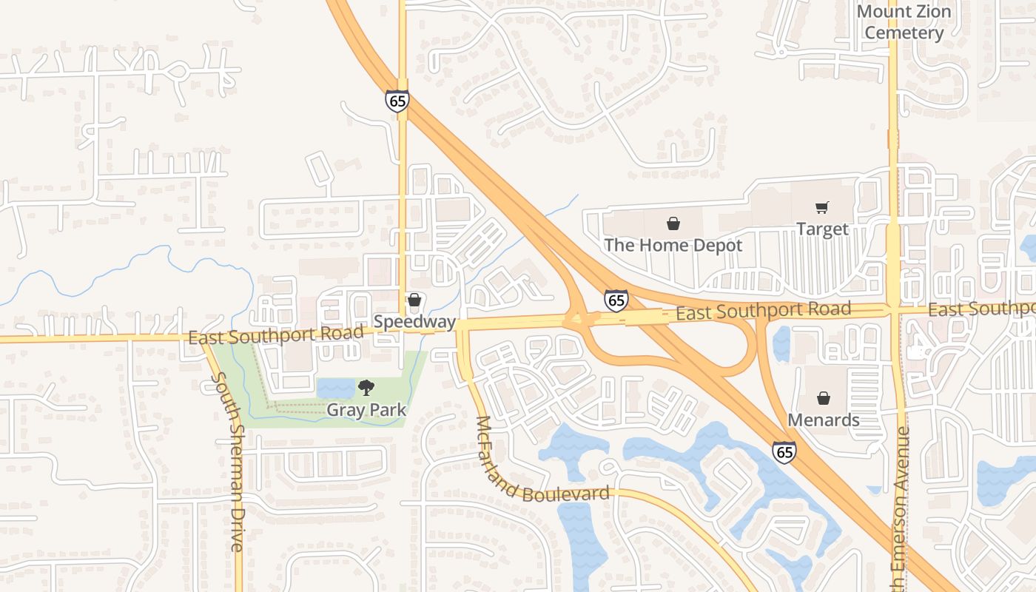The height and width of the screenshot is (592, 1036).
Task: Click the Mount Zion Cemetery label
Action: [x=904, y=22]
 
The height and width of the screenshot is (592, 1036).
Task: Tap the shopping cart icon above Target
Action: [x=821, y=208]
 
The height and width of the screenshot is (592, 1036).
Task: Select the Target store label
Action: [x=821, y=229]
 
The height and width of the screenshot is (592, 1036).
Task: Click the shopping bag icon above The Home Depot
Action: [x=673, y=223]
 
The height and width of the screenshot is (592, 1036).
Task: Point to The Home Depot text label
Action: [x=673, y=245]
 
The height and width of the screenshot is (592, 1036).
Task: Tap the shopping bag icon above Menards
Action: [x=823, y=399]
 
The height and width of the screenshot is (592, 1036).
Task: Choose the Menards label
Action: [x=823, y=420]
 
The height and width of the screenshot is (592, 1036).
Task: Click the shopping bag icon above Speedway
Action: [x=414, y=300]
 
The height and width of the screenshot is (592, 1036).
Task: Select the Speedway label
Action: [x=414, y=322]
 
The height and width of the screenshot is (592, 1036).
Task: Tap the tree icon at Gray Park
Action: [x=366, y=388]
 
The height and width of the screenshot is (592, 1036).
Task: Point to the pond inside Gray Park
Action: [x=335, y=388]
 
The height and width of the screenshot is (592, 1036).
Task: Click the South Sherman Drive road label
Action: [x=228, y=462]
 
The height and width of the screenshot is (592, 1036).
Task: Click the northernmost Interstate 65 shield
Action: [x=397, y=101]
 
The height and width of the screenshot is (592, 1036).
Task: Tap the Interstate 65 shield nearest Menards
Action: [x=784, y=452]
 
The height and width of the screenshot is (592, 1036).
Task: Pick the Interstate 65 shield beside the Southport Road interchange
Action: [x=616, y=300]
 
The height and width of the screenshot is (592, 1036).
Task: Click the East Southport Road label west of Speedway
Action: [x=276, y=334]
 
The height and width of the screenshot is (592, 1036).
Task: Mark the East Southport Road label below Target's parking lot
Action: [x=763, y=311]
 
